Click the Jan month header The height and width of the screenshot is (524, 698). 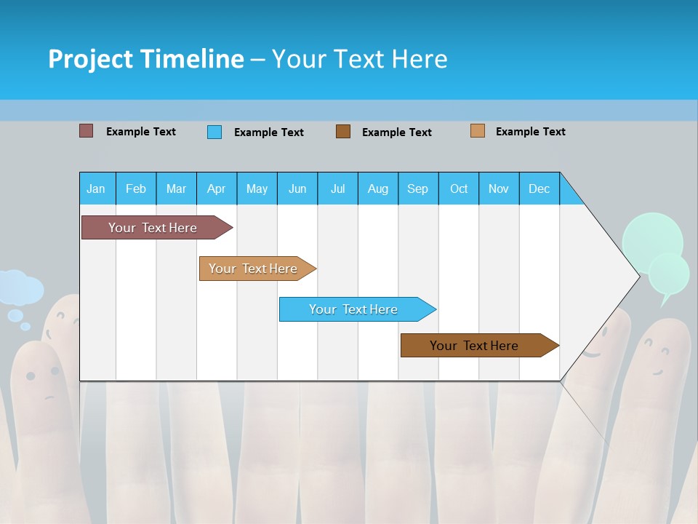97,188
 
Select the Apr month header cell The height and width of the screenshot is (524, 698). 217,188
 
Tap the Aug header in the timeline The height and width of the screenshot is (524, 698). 378,188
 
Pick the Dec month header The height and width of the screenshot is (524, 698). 539,188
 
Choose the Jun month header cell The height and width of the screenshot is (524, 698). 297,188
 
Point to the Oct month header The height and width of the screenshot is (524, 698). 459,188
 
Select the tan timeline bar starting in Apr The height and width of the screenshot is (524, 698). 254,269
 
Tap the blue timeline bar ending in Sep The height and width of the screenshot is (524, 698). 355,309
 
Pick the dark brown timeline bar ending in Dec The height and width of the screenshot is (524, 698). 476,346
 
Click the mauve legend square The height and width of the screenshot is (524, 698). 86,131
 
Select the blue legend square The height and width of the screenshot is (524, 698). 214,132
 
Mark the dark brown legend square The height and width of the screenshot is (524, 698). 343,131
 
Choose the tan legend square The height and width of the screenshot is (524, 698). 477,131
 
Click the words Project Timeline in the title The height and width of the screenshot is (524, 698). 145,59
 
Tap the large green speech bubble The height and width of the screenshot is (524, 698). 651,237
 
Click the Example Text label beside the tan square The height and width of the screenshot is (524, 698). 530,132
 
